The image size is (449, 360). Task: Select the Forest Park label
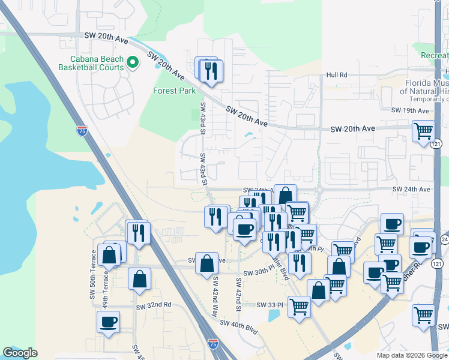point(174,91)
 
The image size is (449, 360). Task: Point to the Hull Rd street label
point(337,75)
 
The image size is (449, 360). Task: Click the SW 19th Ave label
point(410,110)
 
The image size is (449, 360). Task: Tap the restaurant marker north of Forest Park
point(210,71)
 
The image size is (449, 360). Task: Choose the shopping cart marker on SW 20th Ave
point(424,131)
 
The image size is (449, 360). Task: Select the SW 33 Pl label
point(270,305)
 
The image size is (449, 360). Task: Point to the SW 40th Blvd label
point(238,323)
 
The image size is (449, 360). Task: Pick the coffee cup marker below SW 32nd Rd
point(109,322)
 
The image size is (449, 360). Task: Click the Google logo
point(20,353)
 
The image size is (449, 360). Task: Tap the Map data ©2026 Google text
point(412,355)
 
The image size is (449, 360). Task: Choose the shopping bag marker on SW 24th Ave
point(285,196)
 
